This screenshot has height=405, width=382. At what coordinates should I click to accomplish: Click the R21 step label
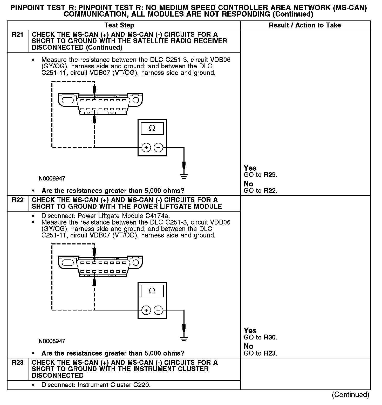pos(17,35)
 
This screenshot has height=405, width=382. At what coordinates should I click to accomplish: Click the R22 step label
pos(17,200)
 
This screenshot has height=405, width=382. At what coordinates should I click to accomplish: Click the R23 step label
pos(17,363)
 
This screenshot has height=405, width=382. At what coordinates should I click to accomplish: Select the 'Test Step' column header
pos(119,25)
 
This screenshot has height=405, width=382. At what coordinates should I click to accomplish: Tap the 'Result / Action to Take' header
pos(305,25)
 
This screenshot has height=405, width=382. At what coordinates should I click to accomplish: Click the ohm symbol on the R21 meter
pos(152,128)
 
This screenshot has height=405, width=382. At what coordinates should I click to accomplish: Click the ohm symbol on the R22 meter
pos(152,291)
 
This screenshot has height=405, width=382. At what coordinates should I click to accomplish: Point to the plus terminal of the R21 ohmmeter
pos(146,148)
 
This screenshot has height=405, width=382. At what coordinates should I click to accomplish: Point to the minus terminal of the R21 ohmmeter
pos(158,148)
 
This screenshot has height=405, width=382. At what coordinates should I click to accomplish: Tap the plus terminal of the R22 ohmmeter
pos(146,310)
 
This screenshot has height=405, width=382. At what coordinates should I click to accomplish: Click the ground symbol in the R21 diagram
pos(184,177)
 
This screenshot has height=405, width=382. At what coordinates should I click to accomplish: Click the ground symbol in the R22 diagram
pos(184,339)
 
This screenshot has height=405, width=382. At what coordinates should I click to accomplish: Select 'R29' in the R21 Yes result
pos(270,175)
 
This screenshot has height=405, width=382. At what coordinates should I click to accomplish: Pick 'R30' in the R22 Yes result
pos(270,337)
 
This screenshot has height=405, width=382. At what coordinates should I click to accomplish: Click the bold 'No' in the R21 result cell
pos(248,184)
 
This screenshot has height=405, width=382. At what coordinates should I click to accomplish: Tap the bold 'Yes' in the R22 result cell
pos(250,331)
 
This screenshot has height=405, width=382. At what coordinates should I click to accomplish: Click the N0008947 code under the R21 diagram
pos(52,179)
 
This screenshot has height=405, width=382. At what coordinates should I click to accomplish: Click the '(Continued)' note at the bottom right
pos(350,395)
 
